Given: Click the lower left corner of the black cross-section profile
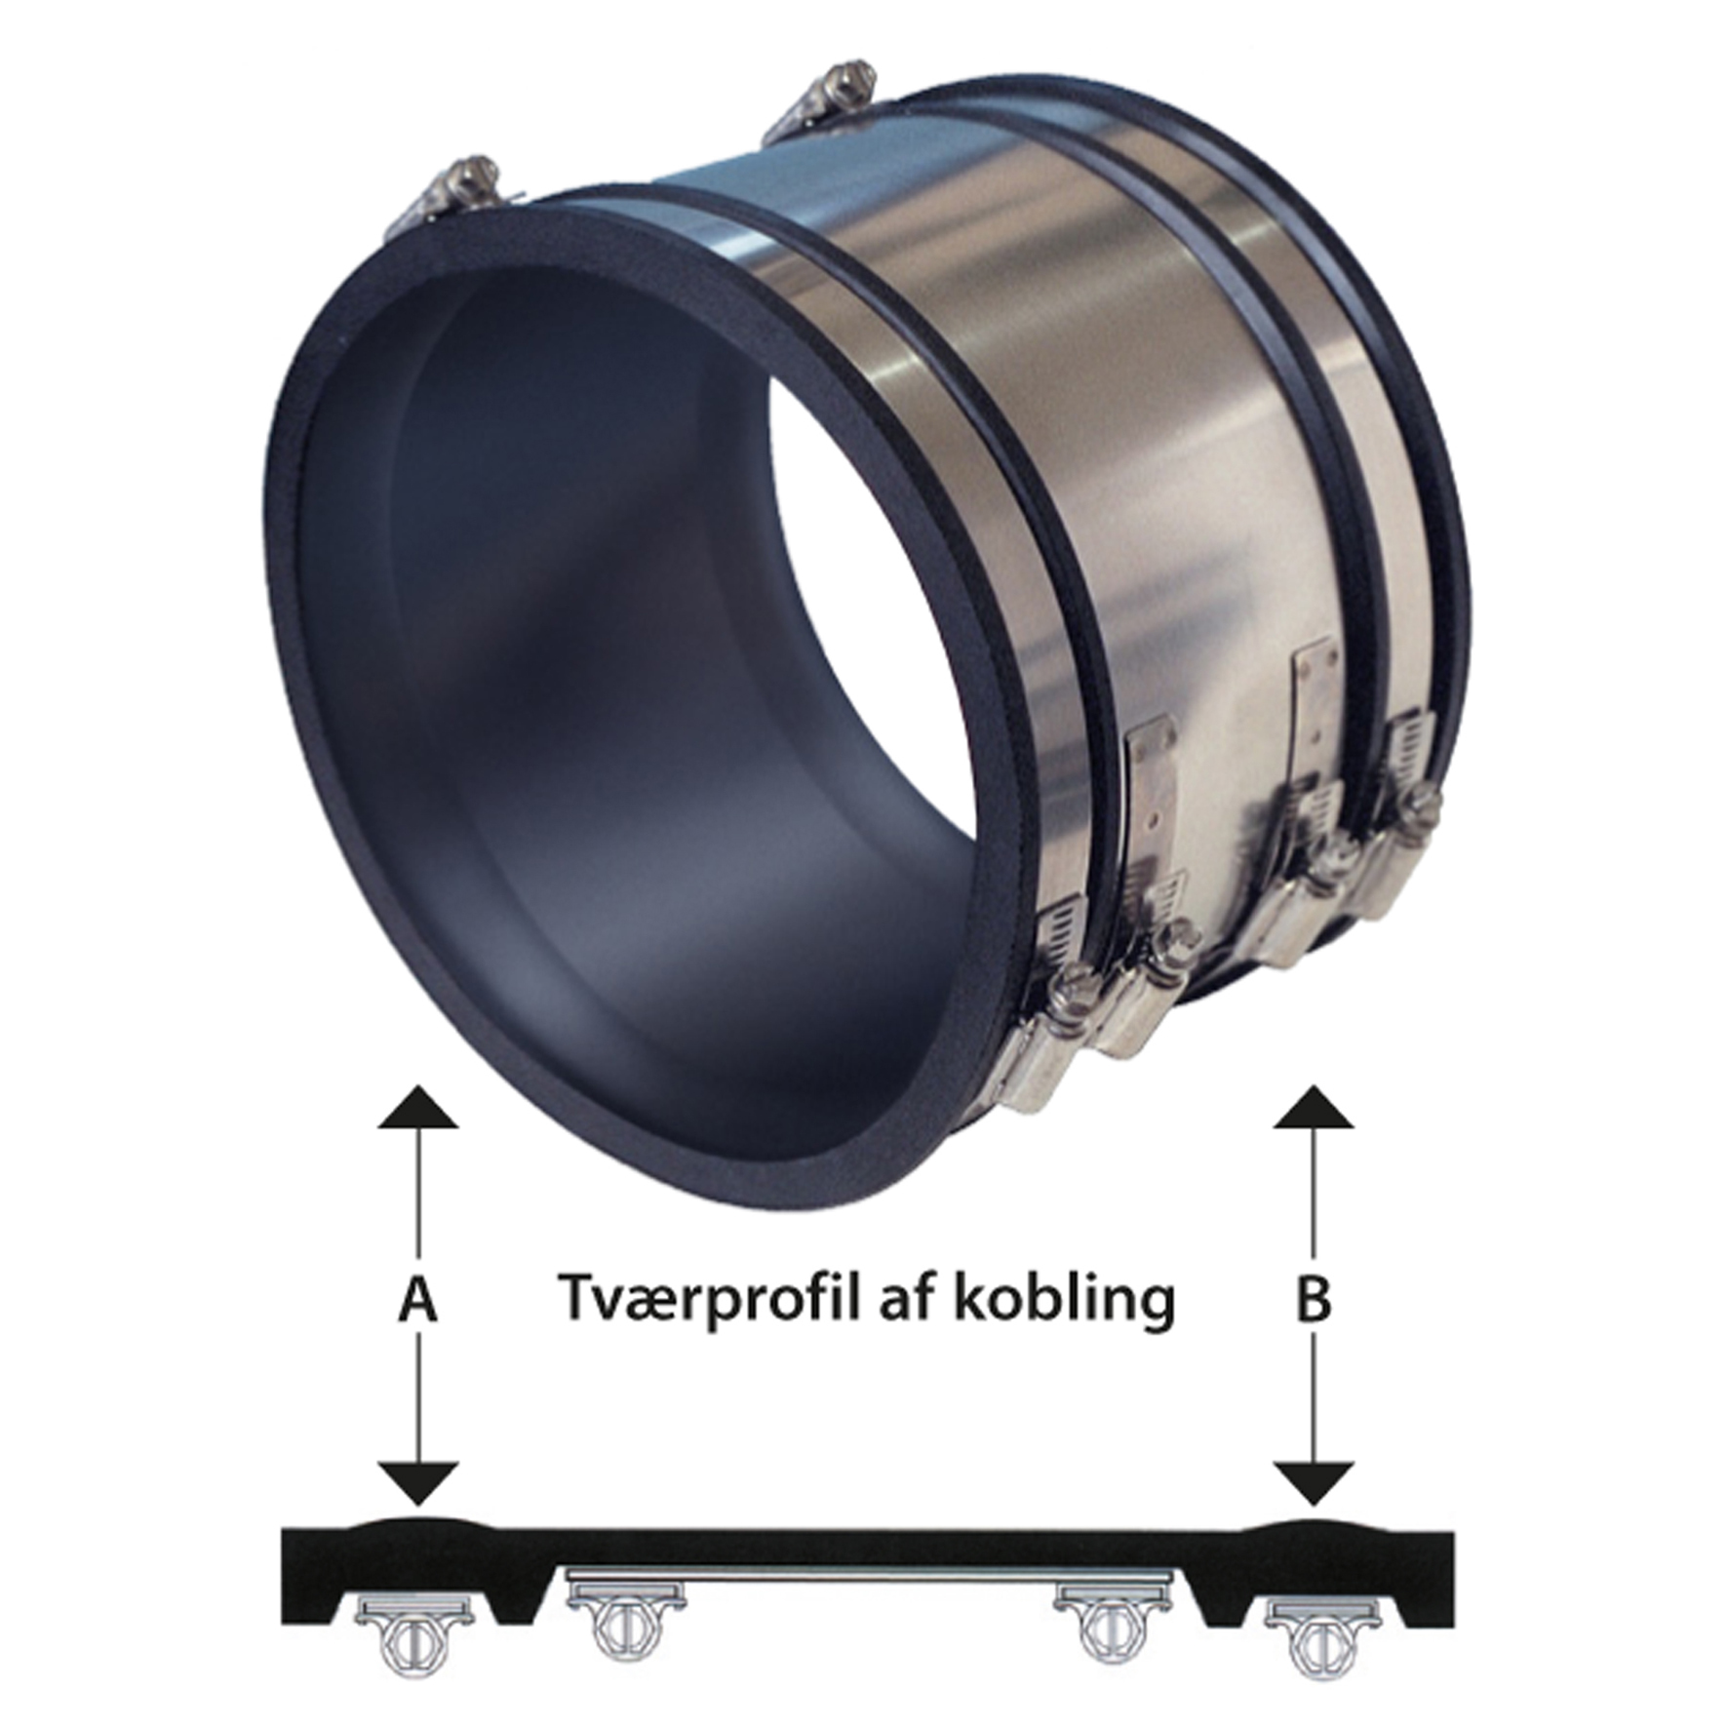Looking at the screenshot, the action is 282,1625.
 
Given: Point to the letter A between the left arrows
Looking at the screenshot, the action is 417,1299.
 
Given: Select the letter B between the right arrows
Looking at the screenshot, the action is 1314,1299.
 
